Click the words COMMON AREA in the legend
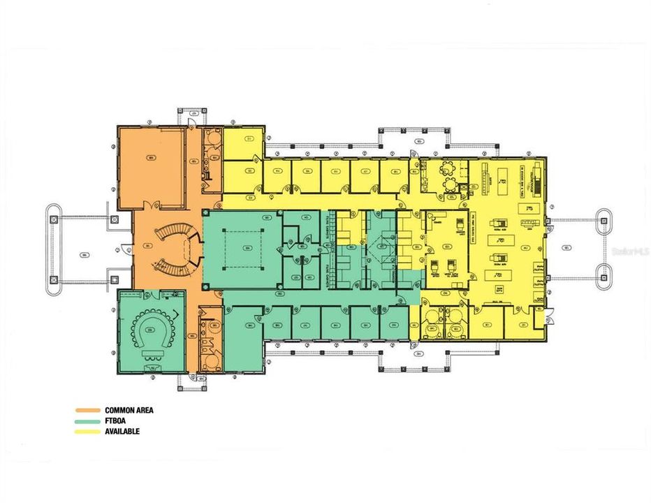129,410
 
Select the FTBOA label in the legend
115,421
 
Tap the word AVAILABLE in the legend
122,431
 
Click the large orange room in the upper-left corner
150,168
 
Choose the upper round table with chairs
449,168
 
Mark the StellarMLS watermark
629,249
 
